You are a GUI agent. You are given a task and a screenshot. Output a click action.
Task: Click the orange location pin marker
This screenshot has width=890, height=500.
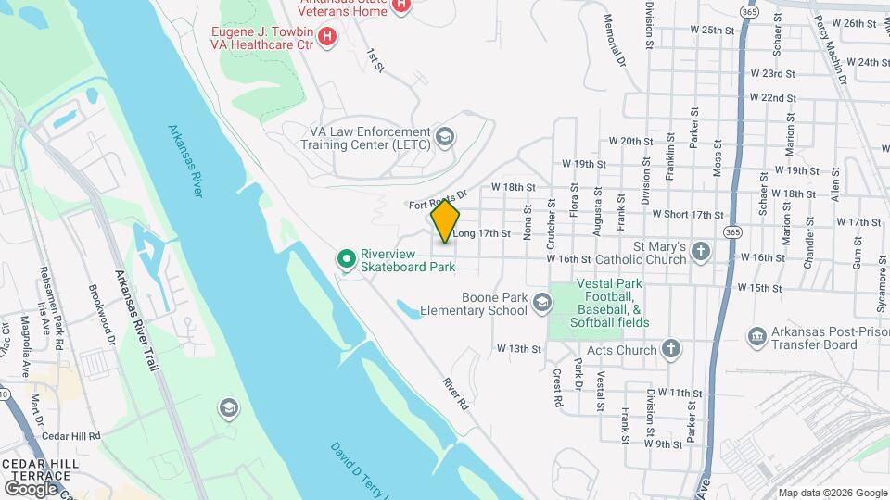446,220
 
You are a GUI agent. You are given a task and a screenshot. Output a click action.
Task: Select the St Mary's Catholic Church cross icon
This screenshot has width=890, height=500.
701,250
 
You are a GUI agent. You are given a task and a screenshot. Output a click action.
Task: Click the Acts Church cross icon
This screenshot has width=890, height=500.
672,350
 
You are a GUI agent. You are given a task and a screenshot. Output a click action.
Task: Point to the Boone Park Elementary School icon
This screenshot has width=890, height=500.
540,302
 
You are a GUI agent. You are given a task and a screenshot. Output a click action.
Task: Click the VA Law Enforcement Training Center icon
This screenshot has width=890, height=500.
446,138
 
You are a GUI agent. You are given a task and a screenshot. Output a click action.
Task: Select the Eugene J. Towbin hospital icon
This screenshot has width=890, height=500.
326,36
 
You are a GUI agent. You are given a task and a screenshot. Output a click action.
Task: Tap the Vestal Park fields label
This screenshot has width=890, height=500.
612,303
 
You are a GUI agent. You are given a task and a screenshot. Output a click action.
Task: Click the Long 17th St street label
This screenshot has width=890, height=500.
481,234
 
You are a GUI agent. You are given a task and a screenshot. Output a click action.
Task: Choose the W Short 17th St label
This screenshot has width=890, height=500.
688,214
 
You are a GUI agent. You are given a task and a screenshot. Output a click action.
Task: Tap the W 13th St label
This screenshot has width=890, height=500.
518,349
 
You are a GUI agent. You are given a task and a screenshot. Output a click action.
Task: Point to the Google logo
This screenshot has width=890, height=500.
31,488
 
